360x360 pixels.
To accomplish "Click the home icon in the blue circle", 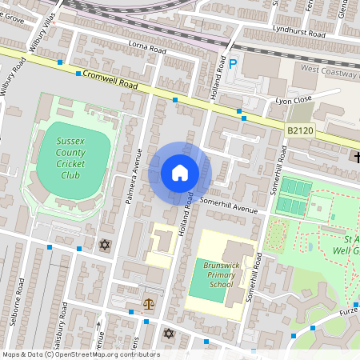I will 180,173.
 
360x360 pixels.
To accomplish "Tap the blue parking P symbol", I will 233,64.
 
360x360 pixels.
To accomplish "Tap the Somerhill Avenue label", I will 232,206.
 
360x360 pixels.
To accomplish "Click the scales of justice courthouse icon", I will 148,304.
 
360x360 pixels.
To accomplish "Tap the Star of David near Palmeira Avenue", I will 103,244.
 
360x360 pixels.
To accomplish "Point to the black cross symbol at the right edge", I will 354,157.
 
